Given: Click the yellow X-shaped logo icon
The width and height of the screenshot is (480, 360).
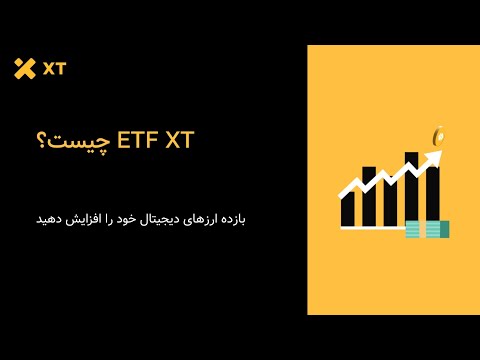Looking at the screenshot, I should point(24,69).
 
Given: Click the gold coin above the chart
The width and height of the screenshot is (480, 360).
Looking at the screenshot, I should point(437,134).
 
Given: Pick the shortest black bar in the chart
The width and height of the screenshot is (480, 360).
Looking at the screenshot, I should point(346,207).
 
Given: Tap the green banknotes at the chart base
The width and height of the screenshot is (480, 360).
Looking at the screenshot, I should point(427,229).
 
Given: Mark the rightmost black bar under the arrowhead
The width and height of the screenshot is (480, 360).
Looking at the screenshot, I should point(433,196).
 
